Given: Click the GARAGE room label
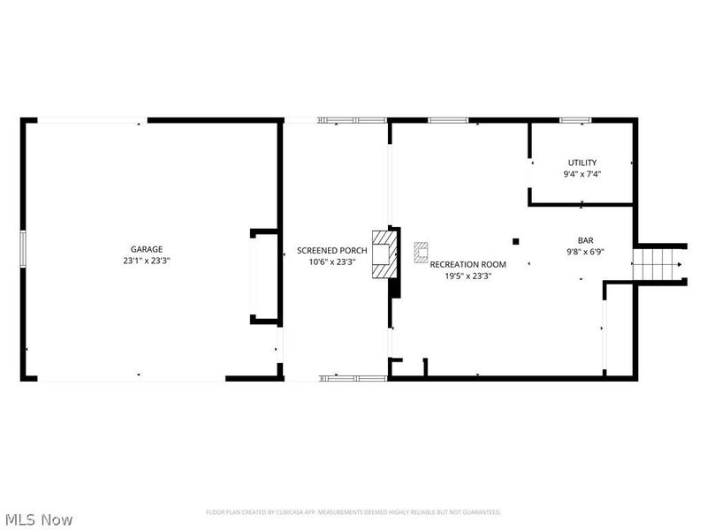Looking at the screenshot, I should point(147,250).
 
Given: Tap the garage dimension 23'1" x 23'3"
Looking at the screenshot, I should point(147,261).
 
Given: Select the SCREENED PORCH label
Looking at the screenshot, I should point(332,250).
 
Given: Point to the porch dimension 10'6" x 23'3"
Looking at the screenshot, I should point(332,261).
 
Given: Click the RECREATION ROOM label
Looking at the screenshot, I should point(468,264).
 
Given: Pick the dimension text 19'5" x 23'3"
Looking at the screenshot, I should point(468,276).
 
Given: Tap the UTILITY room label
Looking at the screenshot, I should point(582,163).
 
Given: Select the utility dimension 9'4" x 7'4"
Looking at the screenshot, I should point(582,174).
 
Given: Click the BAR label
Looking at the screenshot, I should point(585,239).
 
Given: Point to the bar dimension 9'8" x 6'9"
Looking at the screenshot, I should point(585,251).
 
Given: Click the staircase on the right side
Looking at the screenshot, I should point(658,262).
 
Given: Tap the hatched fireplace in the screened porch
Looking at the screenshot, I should point(384,254).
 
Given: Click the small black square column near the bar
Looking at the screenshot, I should point(516,239).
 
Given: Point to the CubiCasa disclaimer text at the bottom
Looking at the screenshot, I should point(353,512).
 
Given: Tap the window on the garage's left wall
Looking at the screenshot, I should point(23,247).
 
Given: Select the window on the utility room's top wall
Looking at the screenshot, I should point(575,119).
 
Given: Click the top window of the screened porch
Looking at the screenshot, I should point(353,120).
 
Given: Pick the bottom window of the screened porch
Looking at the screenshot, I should point(353,378).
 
